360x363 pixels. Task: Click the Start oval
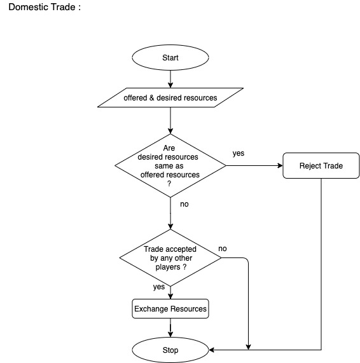tap(170, 58)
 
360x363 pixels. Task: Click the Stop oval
tap(170, 350)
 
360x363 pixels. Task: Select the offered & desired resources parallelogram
tap(170, 98)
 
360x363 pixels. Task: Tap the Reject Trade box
tap(321, 166)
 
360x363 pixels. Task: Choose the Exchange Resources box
tap(170, 309)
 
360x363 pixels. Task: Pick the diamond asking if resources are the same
tap(170, 166)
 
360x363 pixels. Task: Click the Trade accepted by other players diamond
tap(170, 258)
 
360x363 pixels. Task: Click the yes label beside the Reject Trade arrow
tap(239, 153)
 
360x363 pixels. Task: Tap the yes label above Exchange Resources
tap(158, 287)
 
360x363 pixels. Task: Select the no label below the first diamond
tap(184, 204)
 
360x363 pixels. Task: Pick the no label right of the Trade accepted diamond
tap(223, 248)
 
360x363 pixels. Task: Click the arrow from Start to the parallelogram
tap(170, 78)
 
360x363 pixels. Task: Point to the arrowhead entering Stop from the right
tap(213, 350)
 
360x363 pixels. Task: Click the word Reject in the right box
tap(310, 166)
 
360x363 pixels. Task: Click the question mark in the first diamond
tap(169, 183)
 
